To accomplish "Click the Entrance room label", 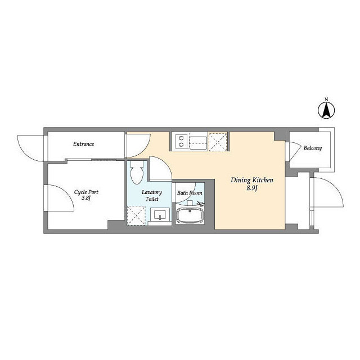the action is pos(84,144).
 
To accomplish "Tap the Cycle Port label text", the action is pos(86,192).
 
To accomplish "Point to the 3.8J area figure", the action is pos(86,198).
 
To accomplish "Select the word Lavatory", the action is pos(152,192).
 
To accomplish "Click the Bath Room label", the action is pos(190,193).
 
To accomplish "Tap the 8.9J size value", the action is pos(252,188).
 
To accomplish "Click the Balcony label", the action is pos(313,148).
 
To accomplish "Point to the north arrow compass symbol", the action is pos(326,110).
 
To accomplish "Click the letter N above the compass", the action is pos(326,100).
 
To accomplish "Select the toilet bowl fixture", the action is pos(137,172).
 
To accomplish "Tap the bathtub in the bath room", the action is pos(190,216).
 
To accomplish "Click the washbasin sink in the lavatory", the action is pos(160,215).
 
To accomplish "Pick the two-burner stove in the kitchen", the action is pos(181,141).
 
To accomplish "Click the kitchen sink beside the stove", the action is pos(198,142).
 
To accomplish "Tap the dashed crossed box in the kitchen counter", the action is pos(218,142).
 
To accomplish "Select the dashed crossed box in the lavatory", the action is pos(136,216).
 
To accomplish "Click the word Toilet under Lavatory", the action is pos(152,199).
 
